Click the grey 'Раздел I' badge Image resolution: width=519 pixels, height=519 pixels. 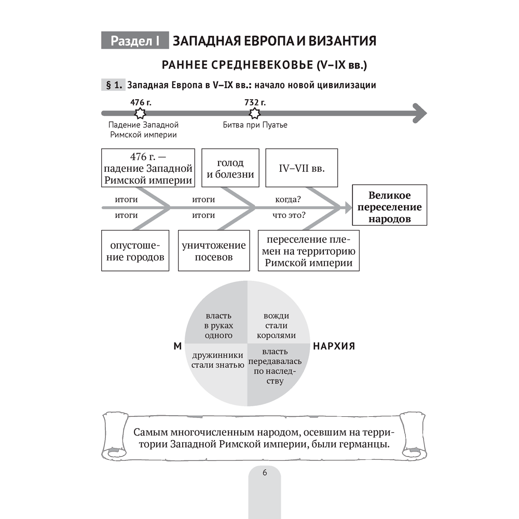coord(135,41)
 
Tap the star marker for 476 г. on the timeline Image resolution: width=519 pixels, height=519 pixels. coord(139,113)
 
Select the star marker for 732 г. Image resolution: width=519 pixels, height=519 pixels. coord(255,113)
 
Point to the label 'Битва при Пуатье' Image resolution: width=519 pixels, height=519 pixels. coord(255,125)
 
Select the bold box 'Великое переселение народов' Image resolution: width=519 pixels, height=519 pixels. coord(389,205)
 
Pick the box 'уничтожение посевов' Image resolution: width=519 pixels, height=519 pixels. coord(214,251)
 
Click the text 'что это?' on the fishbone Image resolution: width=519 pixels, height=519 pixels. coord(289,215)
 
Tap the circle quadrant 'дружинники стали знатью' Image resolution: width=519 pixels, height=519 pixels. coord(218,360)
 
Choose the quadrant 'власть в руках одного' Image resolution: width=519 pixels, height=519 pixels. coord(218,325)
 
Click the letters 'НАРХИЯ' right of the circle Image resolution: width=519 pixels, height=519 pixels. coord(333,346)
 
